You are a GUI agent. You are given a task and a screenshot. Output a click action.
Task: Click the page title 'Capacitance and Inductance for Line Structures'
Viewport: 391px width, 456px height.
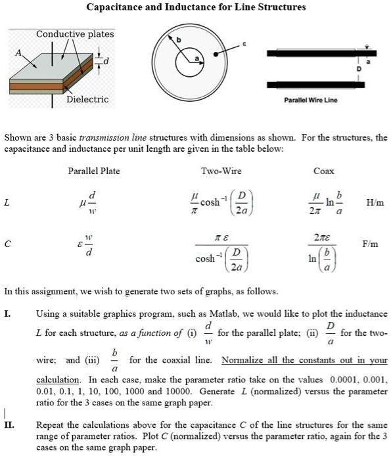[x=196, y=7]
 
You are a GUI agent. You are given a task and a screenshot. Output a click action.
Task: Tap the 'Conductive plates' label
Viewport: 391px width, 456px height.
[x=75, y=34]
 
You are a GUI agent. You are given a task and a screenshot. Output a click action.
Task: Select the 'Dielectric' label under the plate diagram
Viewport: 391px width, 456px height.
[x=87, y=99]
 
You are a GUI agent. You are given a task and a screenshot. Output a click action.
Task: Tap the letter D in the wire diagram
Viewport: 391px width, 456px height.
[x=359, y=68]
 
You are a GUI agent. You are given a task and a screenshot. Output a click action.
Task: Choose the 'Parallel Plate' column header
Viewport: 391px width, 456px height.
[x=94, y=171]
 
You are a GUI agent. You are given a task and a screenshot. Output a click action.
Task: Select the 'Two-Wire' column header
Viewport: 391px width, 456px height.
[x=221, y=171]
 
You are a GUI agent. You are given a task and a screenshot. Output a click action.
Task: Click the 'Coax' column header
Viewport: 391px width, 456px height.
[x=324, y=171]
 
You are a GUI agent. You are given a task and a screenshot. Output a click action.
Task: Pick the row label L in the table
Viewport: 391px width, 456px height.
[x=7, y=204]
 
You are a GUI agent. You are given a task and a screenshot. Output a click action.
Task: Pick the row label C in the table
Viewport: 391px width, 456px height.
[x=7, y=244]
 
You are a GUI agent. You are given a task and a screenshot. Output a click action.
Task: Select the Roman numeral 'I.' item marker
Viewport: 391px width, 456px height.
[x=7, y=314]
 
